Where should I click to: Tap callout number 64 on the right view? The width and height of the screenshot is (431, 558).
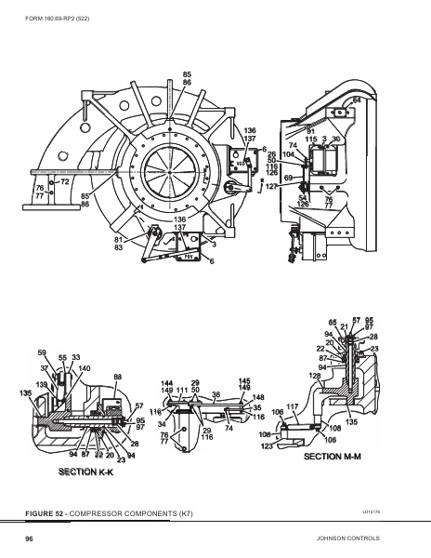click(x=357, y=99)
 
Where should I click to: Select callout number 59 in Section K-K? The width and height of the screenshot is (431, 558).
click(x=42, y=352)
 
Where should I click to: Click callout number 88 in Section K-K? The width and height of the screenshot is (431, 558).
click(x=118, y=377)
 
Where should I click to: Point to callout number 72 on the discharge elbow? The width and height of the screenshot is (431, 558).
click(x=65, y=181)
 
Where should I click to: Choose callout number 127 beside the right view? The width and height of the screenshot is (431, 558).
click(x=271, y=187)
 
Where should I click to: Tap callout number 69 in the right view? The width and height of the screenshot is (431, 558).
click(x=288, y=177)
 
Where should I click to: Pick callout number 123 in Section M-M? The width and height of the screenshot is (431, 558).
click(x=268, y=447)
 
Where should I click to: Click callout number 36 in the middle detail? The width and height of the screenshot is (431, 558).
click(x=215, y=394)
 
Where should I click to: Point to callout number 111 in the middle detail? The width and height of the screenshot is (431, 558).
click(x=182, y=391)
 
